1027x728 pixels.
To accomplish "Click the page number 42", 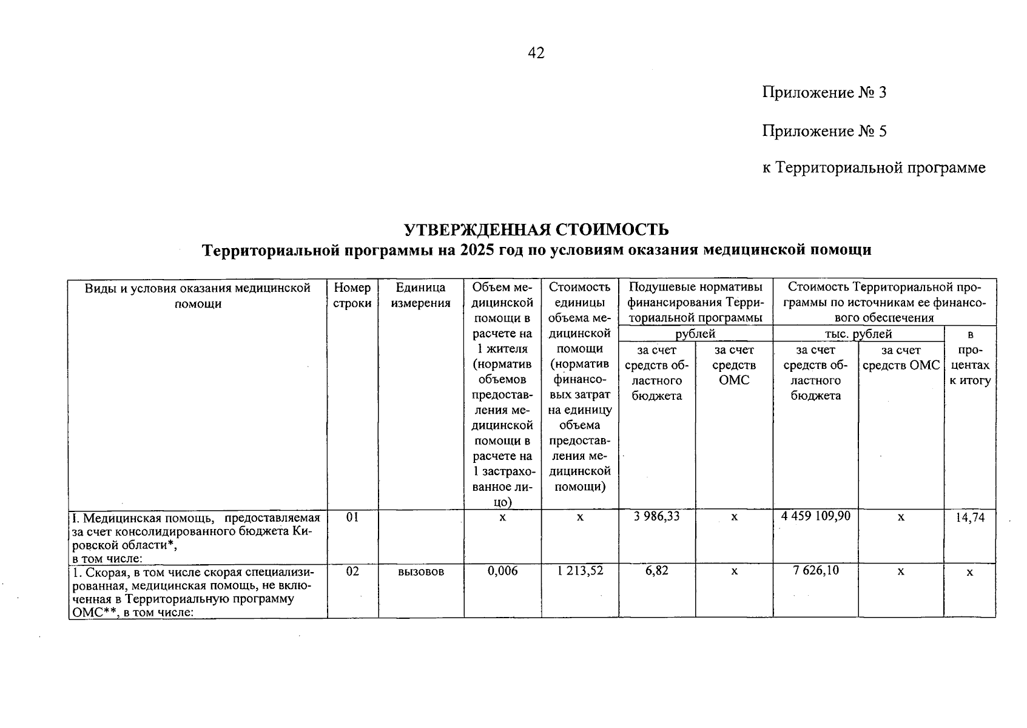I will [x=536, y=53].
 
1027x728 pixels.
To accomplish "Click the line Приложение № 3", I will [x=824, y=93].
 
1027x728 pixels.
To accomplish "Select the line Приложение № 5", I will [x=824, y=131].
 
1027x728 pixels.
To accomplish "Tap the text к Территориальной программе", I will [x=874, y=168].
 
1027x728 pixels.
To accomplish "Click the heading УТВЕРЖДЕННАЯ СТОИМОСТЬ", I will [x=536, y=229].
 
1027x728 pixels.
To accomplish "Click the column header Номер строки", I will [x=352, y=295].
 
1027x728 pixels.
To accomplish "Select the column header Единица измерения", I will [x=420, y=295].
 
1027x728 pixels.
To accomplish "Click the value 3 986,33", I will [x=656, y=517].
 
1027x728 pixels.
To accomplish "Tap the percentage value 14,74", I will [x=969, y=517].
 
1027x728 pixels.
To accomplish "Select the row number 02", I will [x=352, y=571].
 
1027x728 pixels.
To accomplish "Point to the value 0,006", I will [x=502, y=571].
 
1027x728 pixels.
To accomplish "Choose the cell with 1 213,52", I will [x=579, y=571].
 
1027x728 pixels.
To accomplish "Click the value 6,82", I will [x=657, y=571].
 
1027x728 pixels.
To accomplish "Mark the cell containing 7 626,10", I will [x=816, y=571].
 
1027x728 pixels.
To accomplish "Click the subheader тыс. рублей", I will [x=857, y=334].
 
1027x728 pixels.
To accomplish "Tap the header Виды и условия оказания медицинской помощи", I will [x=198, y=295].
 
